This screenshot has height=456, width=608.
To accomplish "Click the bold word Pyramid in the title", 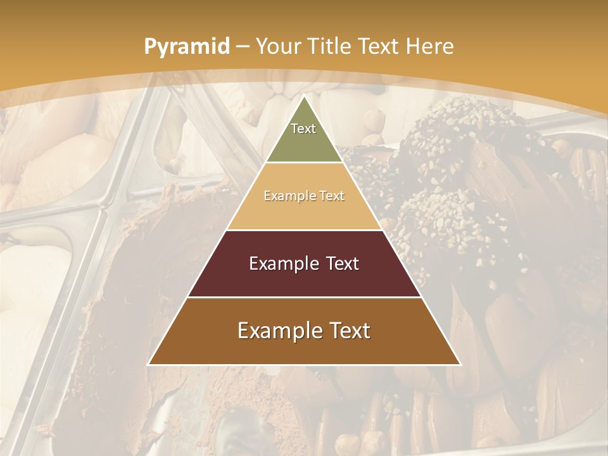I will point(186,47).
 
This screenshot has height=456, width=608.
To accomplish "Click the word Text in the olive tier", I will point(303,129).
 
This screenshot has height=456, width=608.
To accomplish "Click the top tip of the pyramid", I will point(304,96).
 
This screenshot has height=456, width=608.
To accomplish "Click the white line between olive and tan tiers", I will point(304,162).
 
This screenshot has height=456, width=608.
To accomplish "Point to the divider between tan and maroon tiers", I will point(304,230).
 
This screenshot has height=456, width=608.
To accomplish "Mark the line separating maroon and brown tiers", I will point(304,297).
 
